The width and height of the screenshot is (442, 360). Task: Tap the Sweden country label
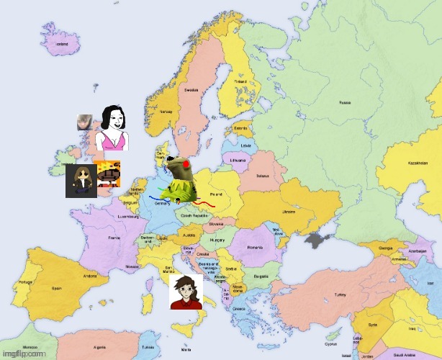(191, 91)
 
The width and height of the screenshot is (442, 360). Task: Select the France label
(114, 237)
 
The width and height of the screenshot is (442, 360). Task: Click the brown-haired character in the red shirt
(186, 292)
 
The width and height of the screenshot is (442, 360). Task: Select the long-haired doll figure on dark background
(81, 181)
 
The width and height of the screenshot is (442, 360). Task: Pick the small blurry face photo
(84, 122)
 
